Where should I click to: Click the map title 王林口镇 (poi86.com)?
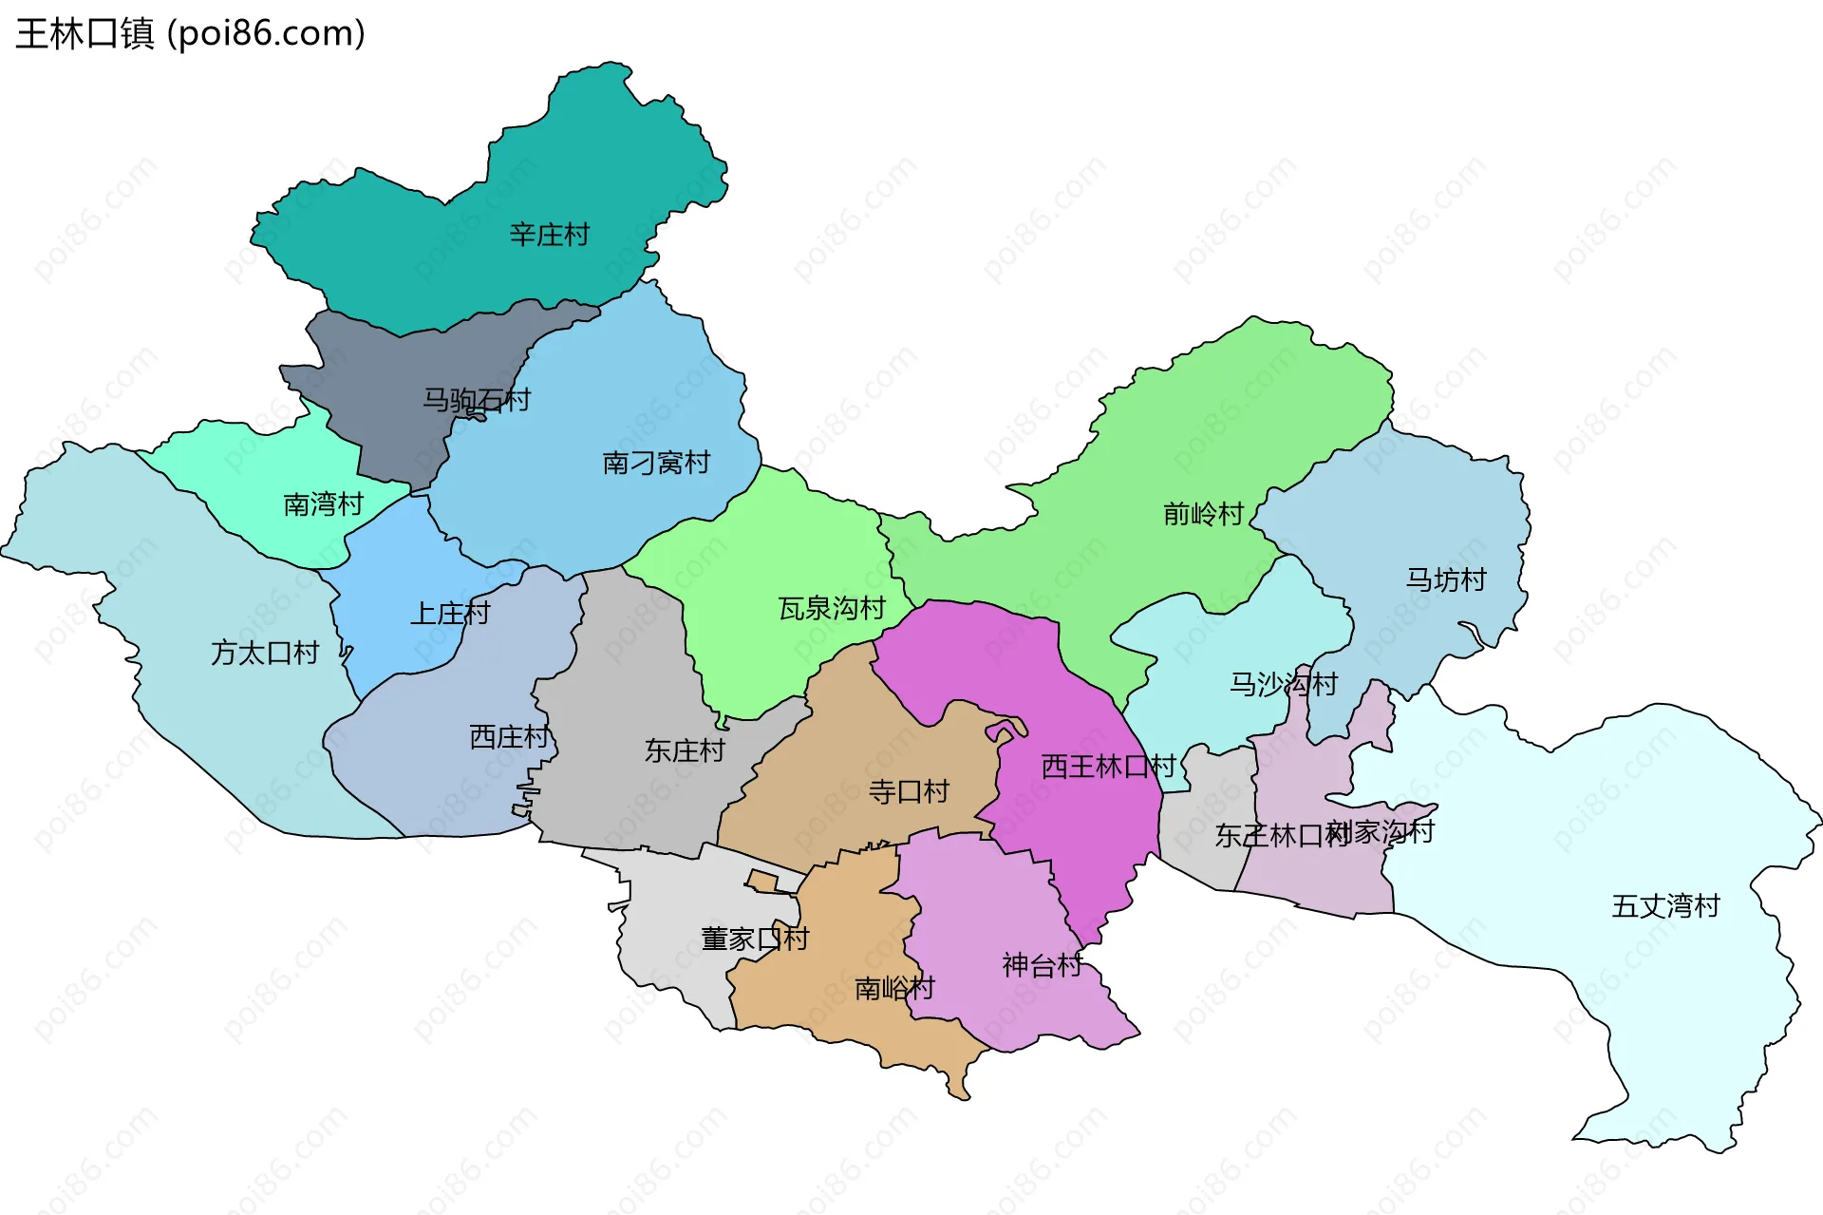click(x=190, y=34)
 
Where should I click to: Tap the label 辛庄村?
click(x=549, y=235)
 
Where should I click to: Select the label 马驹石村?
click(x=476, y=400)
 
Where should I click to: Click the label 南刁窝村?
click(x=656, y=463)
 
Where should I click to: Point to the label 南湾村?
click(x=323, y=503)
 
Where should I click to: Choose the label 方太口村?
click(x=264, y=653)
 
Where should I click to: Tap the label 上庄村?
click(x=449, y=614)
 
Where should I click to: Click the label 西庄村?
click(x=509, y=736)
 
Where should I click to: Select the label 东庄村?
click(x=684, y=750)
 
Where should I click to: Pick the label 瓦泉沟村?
click(x=832, y=608)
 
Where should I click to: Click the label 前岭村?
click(x=1203, y=514)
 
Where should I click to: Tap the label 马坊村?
click(x=1445, y=579)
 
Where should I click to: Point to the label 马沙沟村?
click(x=1283, y=683)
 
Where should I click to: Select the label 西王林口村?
click(x=1107, y=766)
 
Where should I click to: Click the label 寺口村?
click(x=908, y=791)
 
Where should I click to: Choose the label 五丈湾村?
click(x=1665, y=905)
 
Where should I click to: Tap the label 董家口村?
click(x=754, y=939)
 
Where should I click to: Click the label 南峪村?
click(x=893, y=988)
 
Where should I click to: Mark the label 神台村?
click(x=1042, y=965)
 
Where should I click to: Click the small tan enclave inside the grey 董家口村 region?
click(x=761, y=881)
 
